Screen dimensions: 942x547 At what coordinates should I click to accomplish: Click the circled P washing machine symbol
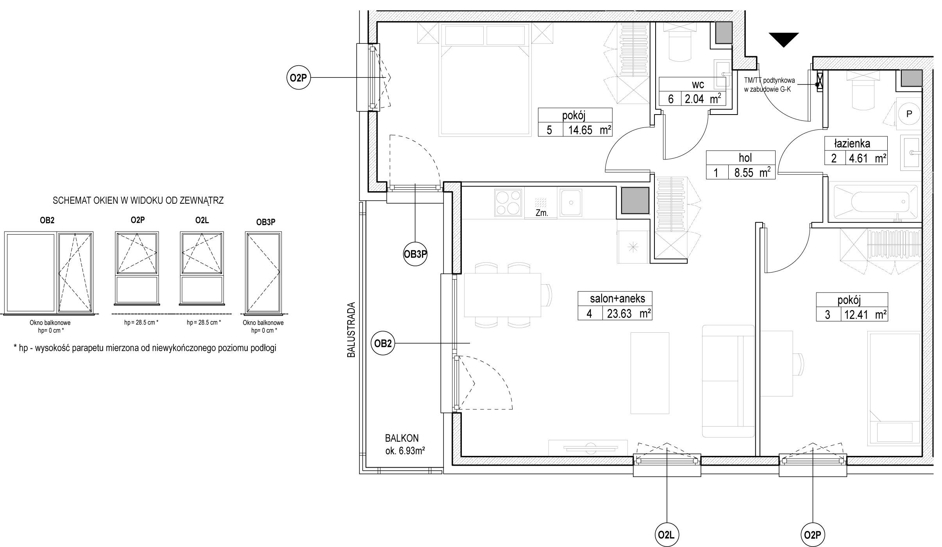point(909,114)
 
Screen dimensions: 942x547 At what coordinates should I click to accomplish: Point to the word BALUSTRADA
point(352,330)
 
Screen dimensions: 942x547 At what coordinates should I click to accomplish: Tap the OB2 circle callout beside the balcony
point(383,343)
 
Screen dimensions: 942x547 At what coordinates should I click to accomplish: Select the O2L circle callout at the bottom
point(667,534)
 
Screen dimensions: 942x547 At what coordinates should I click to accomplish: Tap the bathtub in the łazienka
point(875,202)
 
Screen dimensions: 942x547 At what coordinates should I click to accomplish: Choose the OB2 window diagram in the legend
point(48,273)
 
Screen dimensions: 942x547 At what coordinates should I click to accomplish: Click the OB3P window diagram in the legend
point(263,273)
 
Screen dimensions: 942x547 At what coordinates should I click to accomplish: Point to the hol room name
point(745,158)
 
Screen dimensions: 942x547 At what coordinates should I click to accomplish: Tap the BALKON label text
point(402,438)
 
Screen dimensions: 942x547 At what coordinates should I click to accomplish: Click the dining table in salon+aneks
point(502,295)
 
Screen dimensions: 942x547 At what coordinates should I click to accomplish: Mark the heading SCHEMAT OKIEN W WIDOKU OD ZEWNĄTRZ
point(138,201)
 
